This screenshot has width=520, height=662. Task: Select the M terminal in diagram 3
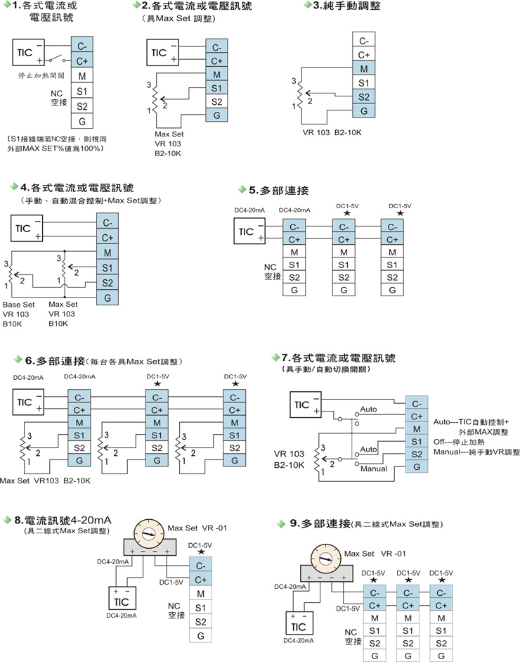pyautogui.click(x=363, y=69)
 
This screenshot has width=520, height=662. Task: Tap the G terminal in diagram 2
pyautogui.click(x=217, y=115)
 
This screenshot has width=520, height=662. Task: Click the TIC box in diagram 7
pyautogui.click(x=304, y=405)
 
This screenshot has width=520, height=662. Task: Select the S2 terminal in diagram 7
pyautogui.click(x=417, y=454)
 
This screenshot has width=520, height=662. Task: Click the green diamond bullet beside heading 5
pyautogui.click(x=242, y=190)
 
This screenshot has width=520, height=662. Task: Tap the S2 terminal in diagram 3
pyautogui.click(x=363, y=97)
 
